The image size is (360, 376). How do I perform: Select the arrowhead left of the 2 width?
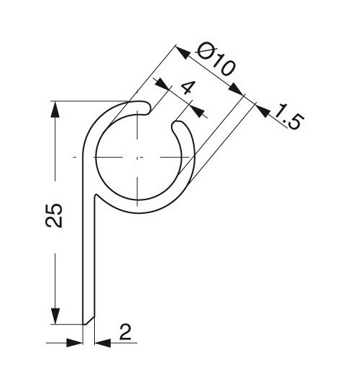tap(77, 342)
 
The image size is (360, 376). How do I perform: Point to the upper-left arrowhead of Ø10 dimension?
tap(182, 50)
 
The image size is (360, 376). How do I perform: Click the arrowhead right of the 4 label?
tap(198, 111)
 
